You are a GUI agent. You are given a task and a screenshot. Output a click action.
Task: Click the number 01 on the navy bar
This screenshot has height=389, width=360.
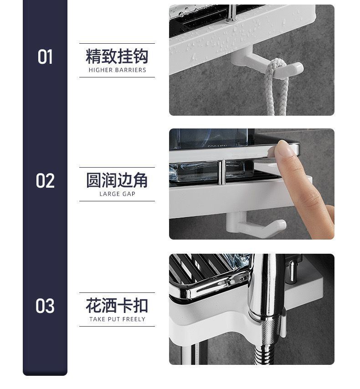[x=45, y=57]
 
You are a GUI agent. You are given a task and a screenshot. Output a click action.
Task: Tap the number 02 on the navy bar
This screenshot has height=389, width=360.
[x=45, y=180]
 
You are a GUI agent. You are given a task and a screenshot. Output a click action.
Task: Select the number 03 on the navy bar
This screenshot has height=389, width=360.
[x=45, y=306]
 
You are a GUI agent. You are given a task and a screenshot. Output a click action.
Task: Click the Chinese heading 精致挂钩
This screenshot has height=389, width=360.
[x=117, y=56]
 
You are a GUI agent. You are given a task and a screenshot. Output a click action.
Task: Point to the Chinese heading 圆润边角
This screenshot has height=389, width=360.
[x=117, y=180]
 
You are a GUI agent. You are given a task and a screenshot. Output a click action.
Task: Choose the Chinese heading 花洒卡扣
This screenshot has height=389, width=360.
[x=117, y=306]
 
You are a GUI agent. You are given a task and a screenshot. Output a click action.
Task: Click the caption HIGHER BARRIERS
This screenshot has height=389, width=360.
[x=117, y=70]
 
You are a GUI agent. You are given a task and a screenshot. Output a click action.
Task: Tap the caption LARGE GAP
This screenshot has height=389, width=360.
[x=117, y=194]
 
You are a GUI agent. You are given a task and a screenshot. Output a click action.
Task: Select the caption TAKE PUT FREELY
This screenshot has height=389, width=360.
[x=117, y=319]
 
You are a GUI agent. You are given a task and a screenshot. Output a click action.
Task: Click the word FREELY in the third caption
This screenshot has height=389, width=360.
[x=134, y=319]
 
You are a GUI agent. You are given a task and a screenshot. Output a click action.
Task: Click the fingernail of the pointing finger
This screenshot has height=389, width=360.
[x=285, y=148]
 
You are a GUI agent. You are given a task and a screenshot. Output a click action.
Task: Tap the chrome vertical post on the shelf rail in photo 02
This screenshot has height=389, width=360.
[x=222, y=172]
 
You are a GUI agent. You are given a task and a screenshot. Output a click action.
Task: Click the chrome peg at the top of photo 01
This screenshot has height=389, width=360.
[x=231, y=14]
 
